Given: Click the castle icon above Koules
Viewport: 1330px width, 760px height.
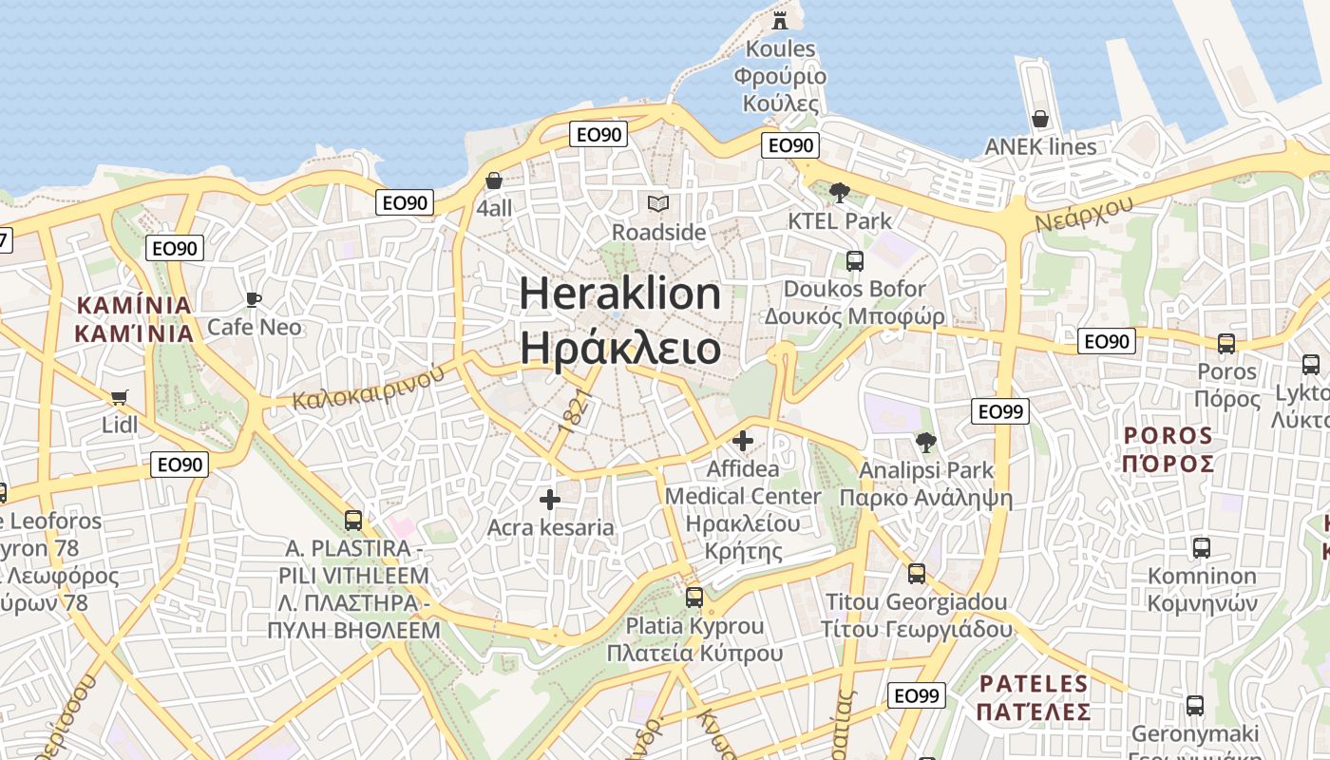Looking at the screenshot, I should [780, 19].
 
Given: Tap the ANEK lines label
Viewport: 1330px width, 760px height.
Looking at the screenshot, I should [1040, 146].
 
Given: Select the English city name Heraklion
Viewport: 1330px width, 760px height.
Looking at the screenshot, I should [620, 294].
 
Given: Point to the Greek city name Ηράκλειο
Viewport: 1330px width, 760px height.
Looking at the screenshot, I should [620, 349].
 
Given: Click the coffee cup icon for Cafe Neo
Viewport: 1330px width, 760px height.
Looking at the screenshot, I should [254, 300].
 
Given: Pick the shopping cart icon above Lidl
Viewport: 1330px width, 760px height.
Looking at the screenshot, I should [119, 397].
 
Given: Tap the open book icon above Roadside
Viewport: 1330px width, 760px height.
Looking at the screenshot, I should [658, 203].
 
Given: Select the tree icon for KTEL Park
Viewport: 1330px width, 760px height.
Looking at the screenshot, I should [840, 193].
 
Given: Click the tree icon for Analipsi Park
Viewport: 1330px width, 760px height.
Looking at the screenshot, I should [926, 442].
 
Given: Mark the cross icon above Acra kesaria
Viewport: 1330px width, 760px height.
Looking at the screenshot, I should [550, 500].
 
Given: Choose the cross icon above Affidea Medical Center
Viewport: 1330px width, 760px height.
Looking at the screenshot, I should [743, 441].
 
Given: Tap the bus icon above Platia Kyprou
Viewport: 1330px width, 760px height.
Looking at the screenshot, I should [694, 598].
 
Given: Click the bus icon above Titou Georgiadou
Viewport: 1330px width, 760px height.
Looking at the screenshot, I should [917, 573].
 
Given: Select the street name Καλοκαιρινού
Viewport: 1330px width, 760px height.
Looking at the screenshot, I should [369, 387].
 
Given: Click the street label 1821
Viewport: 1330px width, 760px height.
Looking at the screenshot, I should [577, 411].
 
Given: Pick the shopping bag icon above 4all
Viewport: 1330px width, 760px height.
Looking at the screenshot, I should [494, 180].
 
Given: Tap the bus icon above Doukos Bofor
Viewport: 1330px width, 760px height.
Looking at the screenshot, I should [855, 260].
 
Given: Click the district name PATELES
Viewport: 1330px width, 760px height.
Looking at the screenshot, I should [1034, 684].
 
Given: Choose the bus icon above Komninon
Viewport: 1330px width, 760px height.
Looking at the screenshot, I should [1202, 548].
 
